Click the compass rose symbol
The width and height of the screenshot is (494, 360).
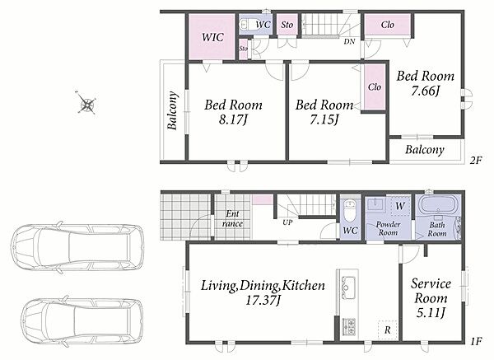86,102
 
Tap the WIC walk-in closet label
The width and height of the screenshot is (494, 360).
212,37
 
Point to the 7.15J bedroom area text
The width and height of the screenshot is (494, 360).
324,119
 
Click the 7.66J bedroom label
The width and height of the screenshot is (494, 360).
425,91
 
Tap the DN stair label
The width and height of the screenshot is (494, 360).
349,41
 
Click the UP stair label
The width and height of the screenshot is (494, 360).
287,222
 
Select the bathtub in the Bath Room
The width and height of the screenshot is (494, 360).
436,204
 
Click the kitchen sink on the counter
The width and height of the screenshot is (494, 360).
348,288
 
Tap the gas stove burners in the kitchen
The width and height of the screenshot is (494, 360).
348,326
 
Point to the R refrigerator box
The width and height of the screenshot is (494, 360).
388,330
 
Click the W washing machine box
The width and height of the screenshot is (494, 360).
400,206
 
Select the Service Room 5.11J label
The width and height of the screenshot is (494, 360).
431,298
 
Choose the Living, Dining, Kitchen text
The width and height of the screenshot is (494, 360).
263,285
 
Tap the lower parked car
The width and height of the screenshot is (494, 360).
82,321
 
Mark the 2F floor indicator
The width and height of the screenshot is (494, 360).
476,161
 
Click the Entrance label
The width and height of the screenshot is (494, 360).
232,219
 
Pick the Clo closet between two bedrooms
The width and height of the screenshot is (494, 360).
375,86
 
